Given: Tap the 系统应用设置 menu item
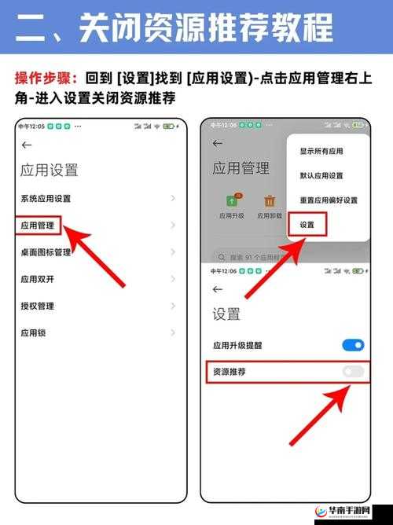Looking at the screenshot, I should (x=46, y=199).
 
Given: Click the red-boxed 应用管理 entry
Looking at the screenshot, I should (x=38, y=226).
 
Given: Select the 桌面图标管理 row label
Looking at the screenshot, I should (x=46, y=252).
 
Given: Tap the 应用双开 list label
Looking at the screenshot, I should (x=37, y=279).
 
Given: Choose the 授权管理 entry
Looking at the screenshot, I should (x=37, y=306).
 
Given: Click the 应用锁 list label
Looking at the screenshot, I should (x=33, y=332).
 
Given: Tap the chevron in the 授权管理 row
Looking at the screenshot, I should (x=172, y=306).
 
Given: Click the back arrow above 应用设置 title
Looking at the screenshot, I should (x=28, y=145).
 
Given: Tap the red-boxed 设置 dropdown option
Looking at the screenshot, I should (x=307, y=225).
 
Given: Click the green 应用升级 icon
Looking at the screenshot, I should (x=233, y=201).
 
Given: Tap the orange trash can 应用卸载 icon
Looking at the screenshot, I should (x=270, y=201).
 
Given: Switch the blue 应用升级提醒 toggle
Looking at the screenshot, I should (x=353, y=344).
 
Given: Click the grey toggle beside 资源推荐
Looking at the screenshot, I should (x=353, y=371).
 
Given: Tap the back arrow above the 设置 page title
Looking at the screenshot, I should (x=218, y=289).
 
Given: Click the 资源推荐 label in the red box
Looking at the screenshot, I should (x=230, y=371).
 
